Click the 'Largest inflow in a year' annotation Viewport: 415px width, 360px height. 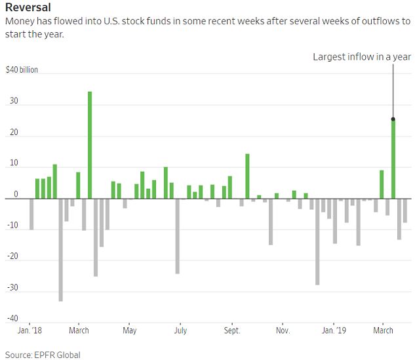pyautogui.click(x=361, y=57)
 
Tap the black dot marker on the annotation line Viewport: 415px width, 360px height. pyautogui.click(x=393, y=119)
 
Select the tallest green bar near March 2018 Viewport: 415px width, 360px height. pyautogui.click(x=90, y=144)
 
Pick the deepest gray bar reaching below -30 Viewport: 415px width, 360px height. pyautogui.click(x=61, y=249)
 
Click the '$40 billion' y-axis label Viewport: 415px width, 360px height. pyautogui.click(x=22, y=70)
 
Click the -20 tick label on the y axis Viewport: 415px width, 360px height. pyautogui.click(x=12, y=260)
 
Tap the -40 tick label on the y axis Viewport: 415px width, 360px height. pyautogui.click(x=12, y=319)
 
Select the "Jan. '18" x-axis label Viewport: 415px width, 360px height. pyautogui.click(x=29, y=330)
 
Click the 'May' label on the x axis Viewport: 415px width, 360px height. pyautogui.click(x=129, y=330)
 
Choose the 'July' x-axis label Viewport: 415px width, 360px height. pyautogui.click(x=180, y=330)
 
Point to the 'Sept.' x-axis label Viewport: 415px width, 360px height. pyautogui.click(x=232, y=330)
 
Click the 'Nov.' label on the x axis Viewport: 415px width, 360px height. pyautogui.click(x=283, y=330)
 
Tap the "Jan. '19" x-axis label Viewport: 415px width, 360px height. pyautogui.click(x=334, y=330)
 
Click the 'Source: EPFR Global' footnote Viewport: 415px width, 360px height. pyautogui.click(x=43, y=355)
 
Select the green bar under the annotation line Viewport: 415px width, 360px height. pyautogui.click(x=393, y=159)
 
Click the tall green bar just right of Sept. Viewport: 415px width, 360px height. pyautogui.click(x=247, y=176)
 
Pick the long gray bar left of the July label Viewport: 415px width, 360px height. pyautogui.click(x=177, y=236)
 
